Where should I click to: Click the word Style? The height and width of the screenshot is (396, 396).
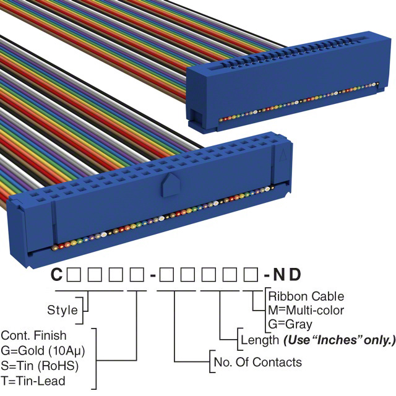pyautogui.click(x=62, y=309)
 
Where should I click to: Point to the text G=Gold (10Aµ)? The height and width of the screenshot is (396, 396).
pyautogui.click(x=43, y=350)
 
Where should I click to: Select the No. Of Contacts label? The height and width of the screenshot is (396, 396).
pyautogui.click(x=257, y=362)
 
